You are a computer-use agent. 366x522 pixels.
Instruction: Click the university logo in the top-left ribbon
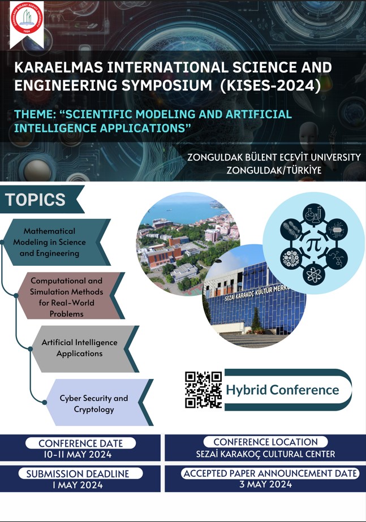[27, 18]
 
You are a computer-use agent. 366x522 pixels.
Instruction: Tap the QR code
[203, 390]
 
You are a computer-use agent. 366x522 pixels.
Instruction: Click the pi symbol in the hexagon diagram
[313, 245]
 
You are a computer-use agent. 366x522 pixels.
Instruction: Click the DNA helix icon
[291, 230]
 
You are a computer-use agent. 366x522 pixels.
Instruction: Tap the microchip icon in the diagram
[337, 230]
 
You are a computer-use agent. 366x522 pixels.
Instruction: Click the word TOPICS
[35, 200]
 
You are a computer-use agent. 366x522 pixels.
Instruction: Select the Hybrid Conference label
[282, 390]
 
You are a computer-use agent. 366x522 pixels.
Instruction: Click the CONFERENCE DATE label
[80, 443]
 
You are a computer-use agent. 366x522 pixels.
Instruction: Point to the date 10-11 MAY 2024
[77, 455]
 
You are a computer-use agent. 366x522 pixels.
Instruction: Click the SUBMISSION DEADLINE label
[77, 474]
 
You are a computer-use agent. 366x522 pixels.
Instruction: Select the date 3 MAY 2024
[266, 484]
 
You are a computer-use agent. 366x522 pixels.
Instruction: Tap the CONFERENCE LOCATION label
[265, 442]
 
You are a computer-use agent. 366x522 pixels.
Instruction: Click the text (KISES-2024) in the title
[270, 85]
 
